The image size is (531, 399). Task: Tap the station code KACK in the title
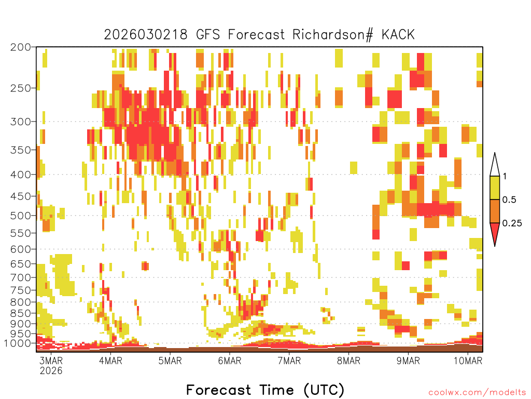(398, 35)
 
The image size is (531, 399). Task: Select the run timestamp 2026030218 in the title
(146, 35)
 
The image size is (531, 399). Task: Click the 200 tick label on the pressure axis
(21, 47)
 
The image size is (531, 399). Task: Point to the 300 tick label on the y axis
(21, 122)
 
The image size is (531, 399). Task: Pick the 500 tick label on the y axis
(21, 216)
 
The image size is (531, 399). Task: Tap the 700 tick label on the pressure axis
(21, 277)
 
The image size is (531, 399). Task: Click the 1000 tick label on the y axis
(17, 343)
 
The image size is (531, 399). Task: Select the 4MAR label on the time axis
(110, 361)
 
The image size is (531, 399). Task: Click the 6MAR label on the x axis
(230, 361)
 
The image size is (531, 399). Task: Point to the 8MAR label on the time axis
(348, 361)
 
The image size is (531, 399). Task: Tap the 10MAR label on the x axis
(468, 361)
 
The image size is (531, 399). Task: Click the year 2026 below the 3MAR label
(51, 371)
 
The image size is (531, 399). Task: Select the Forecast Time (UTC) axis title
(265, 390)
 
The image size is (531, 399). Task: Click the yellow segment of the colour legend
(495, 188)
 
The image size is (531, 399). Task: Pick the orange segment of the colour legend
(495, 211)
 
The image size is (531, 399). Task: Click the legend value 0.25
(512, 223)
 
